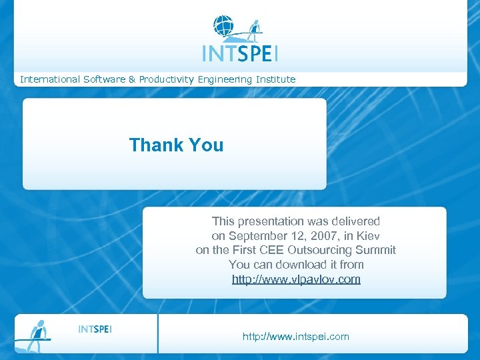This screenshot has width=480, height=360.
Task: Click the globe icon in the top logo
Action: point(223,26)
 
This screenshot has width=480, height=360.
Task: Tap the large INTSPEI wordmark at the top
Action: point(240,53)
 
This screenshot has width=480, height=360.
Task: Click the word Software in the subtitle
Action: point(104,79)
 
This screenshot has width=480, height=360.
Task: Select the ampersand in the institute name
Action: point(132,79)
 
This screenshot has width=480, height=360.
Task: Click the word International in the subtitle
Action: point(50,79)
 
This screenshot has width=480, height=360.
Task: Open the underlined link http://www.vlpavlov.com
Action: point(296,279)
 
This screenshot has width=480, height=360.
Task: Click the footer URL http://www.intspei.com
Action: point(296,337)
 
